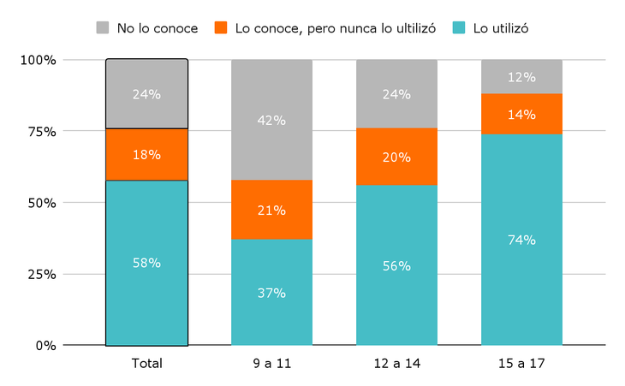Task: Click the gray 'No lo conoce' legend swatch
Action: (x=103, y=28)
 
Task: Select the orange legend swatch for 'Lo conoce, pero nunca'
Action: (x=221, y=28)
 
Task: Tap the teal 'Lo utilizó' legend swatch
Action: (x=459, y=28)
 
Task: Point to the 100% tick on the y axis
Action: (x=39, y=60)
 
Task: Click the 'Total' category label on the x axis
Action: (x=146, y=364)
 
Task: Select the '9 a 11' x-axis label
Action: (x=271, y=364)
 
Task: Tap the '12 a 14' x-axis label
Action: (x=396, y=364)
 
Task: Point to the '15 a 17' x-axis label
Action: (x=521, y=364)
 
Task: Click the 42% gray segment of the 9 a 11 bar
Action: (x=271, y=120)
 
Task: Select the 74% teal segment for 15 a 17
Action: (x=521, y=240)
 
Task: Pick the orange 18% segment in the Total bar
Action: (x=146, y=155)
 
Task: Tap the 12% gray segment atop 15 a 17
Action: (x=521, y=77)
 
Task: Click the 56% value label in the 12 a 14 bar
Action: (x=396, y=266)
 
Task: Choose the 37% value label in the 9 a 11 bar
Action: (x=271, y=293)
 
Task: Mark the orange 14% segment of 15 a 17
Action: (x=521, y=114)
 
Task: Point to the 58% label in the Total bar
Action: (x=146, y=263)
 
